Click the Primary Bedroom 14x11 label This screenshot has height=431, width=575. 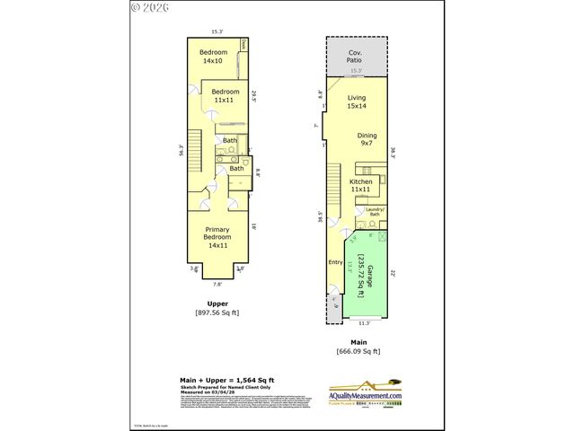[217, 238]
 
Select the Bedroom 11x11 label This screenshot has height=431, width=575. [226, 96]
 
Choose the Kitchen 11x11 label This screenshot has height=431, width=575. [361, 185]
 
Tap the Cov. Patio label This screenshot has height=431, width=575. [356, 58]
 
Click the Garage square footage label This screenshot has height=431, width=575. [364, 275]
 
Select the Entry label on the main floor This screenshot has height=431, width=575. [337, 262]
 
